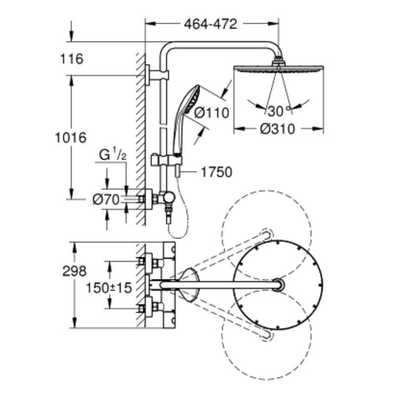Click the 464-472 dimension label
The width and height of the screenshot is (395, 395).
pyautogui.click(x=211, y=24)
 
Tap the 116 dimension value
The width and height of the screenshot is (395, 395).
pyautogui.click(x=72, y=59)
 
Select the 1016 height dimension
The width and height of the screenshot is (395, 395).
pyautogui.click(x=71, y=138)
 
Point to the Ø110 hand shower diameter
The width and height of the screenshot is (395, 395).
pyautogui.click(x=212, y=113)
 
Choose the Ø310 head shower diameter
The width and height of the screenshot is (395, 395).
pyautogui.click(x=277, y=129)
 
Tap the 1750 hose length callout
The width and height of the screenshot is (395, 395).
pyautogui.click(x=216, y=172)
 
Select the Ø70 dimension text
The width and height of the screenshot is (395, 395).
pyautogui.click(x=106, y=200)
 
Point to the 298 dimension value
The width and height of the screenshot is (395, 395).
pyautogui.click(x=74, y=271)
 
